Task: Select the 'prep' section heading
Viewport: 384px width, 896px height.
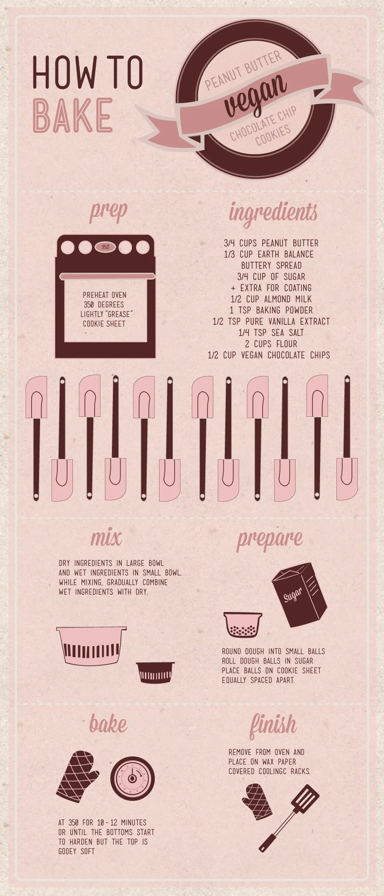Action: point(108,212)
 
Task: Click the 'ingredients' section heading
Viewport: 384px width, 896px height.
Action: point(273,212)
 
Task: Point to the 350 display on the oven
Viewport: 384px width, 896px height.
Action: point(105,247)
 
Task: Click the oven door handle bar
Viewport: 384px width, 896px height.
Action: point(107,276)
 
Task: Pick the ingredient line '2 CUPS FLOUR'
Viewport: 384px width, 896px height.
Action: point(271,344)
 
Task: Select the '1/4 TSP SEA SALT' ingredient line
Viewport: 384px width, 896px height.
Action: point(271,332)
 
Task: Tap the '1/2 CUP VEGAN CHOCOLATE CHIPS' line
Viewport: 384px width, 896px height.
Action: point(269,355)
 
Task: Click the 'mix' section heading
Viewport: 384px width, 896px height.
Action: point(106,538)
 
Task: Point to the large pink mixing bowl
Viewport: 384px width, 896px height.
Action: point(92,645)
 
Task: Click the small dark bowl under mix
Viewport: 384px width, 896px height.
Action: point(155,672)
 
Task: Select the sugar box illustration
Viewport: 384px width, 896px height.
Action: point(299,594)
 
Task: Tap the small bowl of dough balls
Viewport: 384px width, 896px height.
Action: point(243,624)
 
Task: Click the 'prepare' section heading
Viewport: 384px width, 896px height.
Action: point(270,539)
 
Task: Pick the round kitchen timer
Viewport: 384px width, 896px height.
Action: point(132,778)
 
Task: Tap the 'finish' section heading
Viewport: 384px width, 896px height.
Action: point(273,725)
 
